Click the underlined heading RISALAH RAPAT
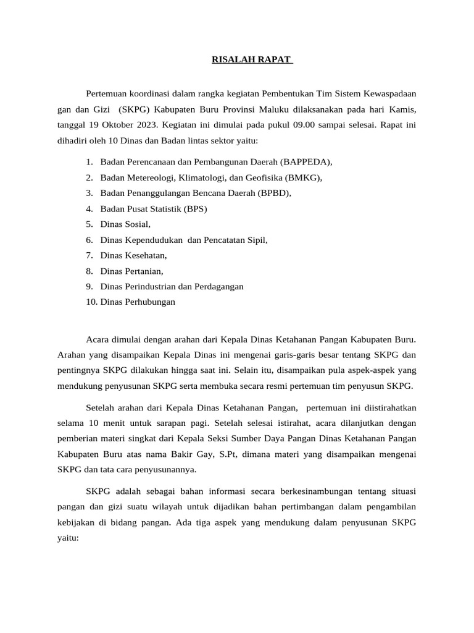[252, 60]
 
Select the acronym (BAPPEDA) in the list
[306, 162]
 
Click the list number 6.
[89, 240]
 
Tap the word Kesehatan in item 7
[146, 255]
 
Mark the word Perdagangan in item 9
[219, 286]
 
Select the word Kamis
[402, 109]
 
